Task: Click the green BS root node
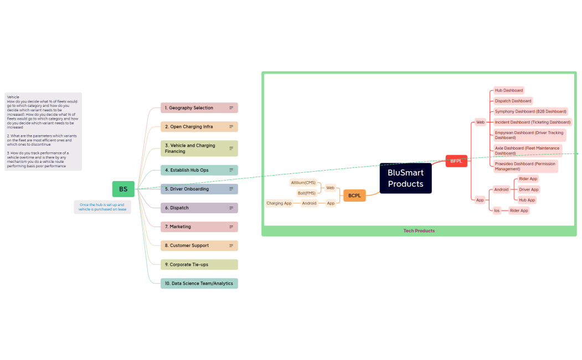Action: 123,189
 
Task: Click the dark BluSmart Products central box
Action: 405,178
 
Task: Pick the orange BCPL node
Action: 354,196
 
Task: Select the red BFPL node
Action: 456,161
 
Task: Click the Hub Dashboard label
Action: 508,90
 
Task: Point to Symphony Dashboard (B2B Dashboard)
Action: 531,111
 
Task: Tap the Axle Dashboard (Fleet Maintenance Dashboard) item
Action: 528,151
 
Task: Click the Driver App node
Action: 529,189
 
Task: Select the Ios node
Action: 497,210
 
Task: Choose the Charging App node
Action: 279,203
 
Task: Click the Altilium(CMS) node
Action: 303,183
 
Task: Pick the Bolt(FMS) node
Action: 306,193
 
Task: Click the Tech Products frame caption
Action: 419,230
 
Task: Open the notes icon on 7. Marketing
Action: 231,227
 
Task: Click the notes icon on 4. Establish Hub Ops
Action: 231,170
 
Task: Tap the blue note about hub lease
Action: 102,207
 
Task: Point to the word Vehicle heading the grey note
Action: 13,97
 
